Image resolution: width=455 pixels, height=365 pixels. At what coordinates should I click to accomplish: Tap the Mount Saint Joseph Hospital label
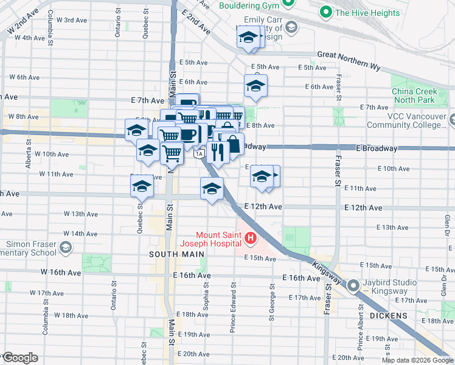(219, 239)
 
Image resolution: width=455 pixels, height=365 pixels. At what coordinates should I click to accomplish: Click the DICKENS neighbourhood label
(387, 316)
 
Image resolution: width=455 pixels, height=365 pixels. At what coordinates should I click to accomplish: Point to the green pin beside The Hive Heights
(326, 12)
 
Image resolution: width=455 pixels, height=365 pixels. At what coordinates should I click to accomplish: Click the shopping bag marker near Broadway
(233, 145)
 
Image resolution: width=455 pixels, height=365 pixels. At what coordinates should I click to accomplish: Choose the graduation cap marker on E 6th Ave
(256, 86)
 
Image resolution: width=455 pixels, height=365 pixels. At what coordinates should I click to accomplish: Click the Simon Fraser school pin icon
(64, 247)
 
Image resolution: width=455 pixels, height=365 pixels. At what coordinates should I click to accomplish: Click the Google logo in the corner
(20, 358)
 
